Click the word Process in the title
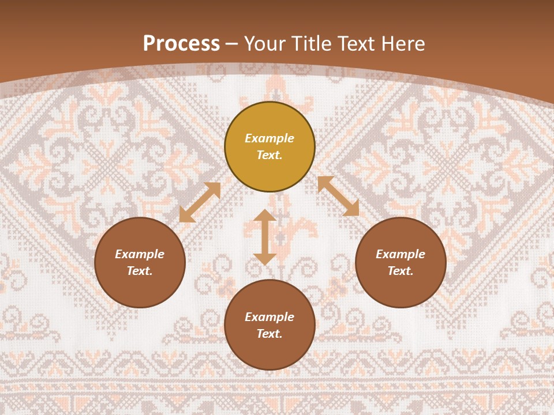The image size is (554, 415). coord(181,44)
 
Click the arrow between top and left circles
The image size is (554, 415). coord(200,202)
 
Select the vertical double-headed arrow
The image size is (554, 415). coord(265,237)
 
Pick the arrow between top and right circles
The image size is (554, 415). coord(338,196)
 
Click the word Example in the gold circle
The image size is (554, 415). coord(269,138)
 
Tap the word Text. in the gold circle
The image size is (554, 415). coord(269,155)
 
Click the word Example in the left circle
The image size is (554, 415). coord(140,254)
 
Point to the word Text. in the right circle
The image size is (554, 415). coord(400,271)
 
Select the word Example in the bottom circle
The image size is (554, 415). coord(269,317)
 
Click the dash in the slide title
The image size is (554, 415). coord(232,44)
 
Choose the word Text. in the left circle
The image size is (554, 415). coord(140,271)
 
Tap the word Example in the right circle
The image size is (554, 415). coord(400,254)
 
